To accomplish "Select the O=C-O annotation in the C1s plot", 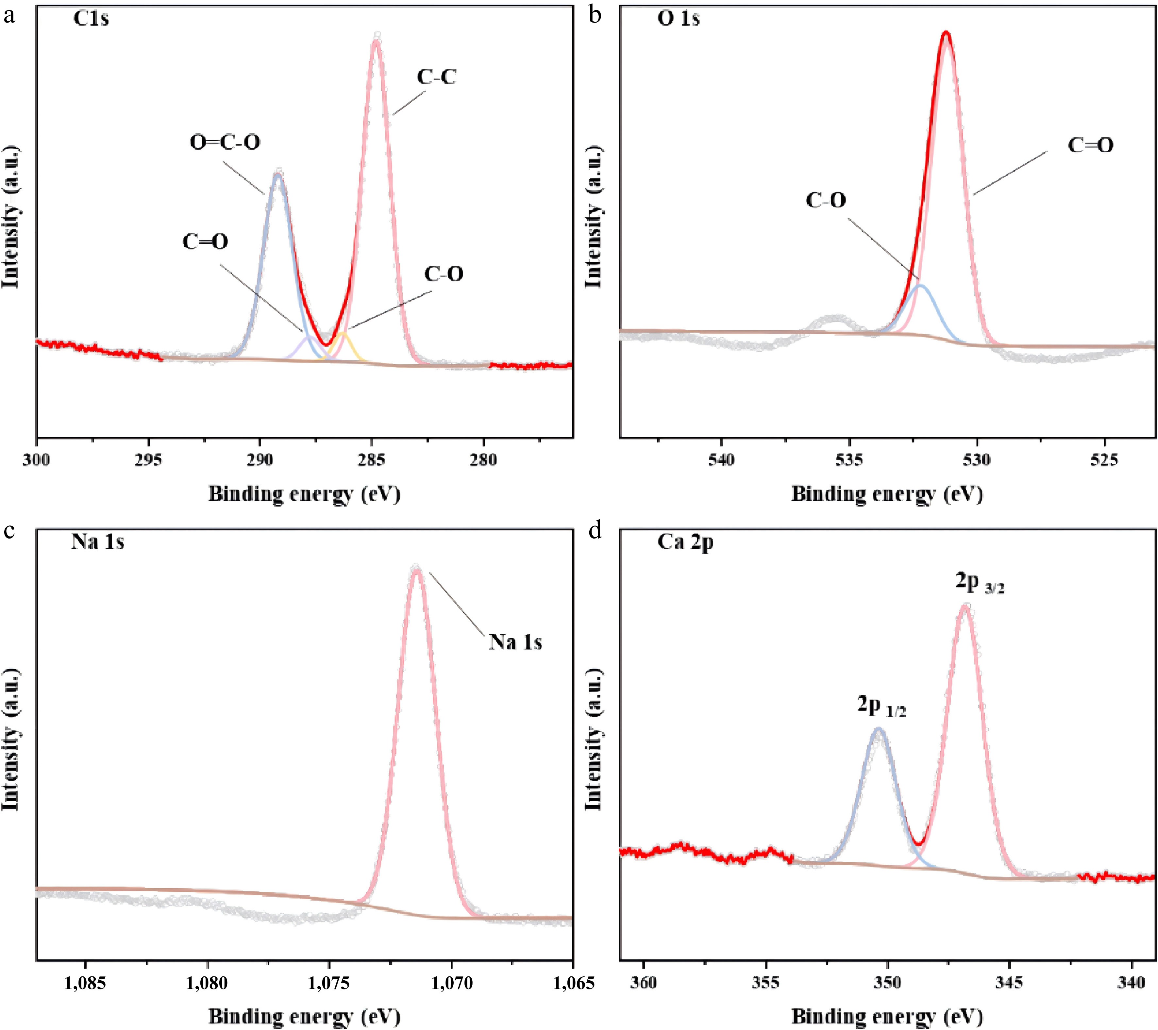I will click(225, 142).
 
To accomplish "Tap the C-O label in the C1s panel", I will click(444, 274).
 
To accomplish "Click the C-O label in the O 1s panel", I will click(826, 200).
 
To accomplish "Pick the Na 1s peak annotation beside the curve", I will click(515, 642).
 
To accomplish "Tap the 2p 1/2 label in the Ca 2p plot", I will click(881, 706).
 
